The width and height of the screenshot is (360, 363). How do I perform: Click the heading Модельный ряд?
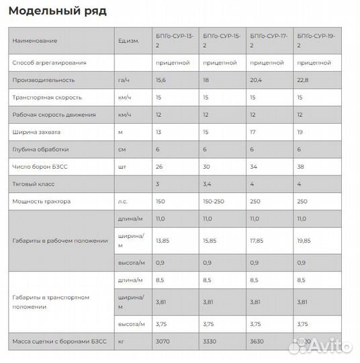tap(58, 11)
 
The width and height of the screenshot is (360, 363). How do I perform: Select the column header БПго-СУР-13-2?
tap(175, 40)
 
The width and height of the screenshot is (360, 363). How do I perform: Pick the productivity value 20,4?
tap(256, 80)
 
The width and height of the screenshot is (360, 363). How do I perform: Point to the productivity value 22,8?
tap(303, 80)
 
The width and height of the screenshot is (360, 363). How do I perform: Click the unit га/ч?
tap(124, 80)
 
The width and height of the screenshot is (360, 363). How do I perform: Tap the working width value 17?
tap(253, 132)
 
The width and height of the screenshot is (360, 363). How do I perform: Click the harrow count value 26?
tap(159, 166)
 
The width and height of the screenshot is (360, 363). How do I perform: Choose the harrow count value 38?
tap(300, 166)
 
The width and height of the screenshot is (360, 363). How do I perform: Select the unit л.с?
tap(123, 201)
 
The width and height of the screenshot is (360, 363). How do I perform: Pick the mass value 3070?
tap(163, 341)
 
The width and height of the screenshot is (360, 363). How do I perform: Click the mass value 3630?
tap(257, 341)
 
